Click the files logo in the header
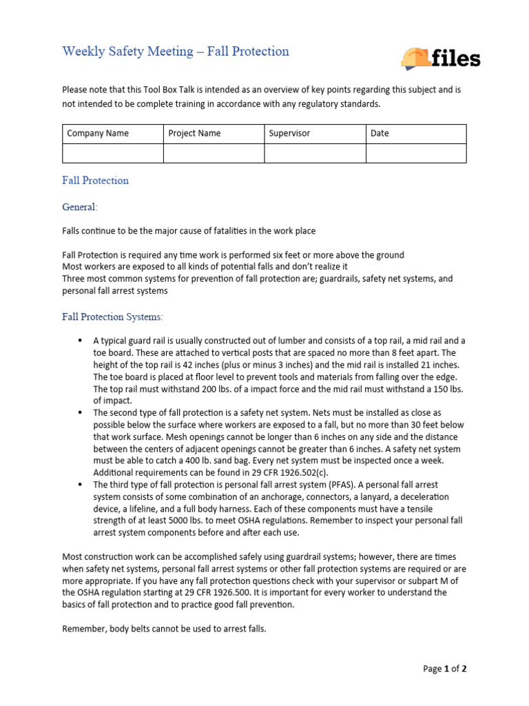pyautogui.click(x=440, y=59)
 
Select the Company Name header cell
pyautogui.click(x=113, y=134)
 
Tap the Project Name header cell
pyautogui.click(x=214, y=134)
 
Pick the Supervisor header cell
pyautogui.click(x=315, y=134)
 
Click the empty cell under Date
pyautogui.click(x=416, y=153)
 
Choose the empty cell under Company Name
pyautogui.click(x=113, y=153)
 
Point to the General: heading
pyautogui.click(x=80, y=207)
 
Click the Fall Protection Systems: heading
pyautogui.click(x=113, y=316)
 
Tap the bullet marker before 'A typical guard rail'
pyautogui.click(x=81, y=341)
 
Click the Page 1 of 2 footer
pyautogui.click(x=445, y=669)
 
